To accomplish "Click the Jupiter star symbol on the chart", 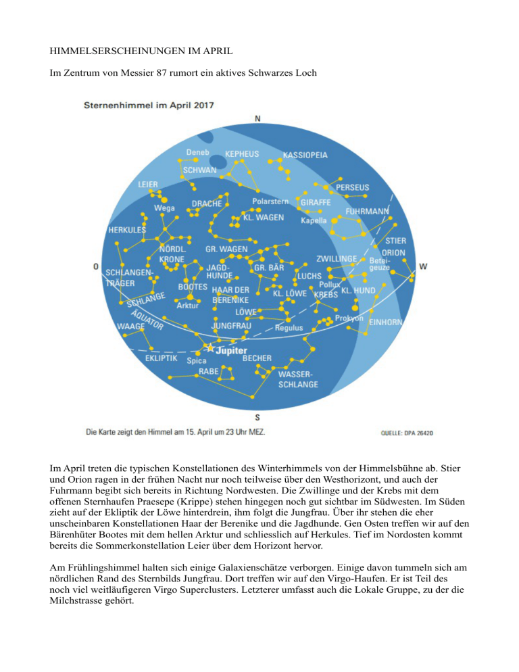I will point(209,348).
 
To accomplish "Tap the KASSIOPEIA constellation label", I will point(305,155).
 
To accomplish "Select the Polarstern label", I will point(270,201).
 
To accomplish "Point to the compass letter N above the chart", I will point(257,118).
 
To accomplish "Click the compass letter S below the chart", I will point(257,416).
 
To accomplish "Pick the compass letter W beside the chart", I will point(423,266).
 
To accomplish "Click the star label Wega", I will point(165,208).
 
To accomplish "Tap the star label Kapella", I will point(314,220).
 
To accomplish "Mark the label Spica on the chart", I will point(197,360).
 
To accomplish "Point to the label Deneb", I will point(198,152).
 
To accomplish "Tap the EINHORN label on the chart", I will point(386,322).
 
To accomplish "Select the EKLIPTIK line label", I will point(162,358).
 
